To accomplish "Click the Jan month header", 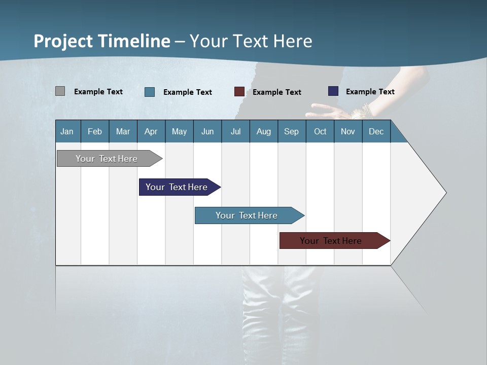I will click(x=67, y=132).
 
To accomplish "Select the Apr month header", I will click(x=151, y=132).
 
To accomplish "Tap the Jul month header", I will click(x=235, y=132).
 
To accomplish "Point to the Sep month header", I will click(x=291, y=132).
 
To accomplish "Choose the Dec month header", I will click(x=376, y=132).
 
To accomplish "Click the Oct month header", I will click(x=320, y=132).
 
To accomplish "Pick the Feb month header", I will click(x=95, y=132).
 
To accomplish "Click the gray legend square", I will click(x=60, y=91).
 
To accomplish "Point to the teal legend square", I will click(x=150, y=92).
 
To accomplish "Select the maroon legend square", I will click(x=239, y=92).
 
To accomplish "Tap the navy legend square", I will click(x=333, y=91).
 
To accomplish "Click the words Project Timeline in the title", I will click(x=102, y=41).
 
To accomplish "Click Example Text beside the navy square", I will click(x=370, y=92).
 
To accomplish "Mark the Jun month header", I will click(x=207, y=132).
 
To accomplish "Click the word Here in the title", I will click(x=293, y=41).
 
